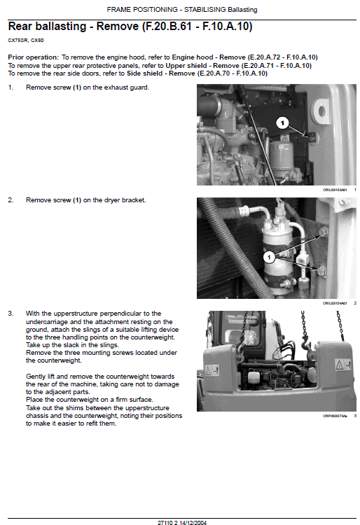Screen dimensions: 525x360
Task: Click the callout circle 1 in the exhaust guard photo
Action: click(x=282, y=123)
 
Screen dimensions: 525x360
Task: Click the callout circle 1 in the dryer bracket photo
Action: click(x=269, y=257)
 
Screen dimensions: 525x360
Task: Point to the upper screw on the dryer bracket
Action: click(x=323, y=231)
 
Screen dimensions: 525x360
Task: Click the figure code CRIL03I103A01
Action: click(x=335, y=190)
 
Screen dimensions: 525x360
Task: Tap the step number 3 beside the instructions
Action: click(x=11, y=313)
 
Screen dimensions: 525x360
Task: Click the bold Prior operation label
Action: click(x=33, y=57)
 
